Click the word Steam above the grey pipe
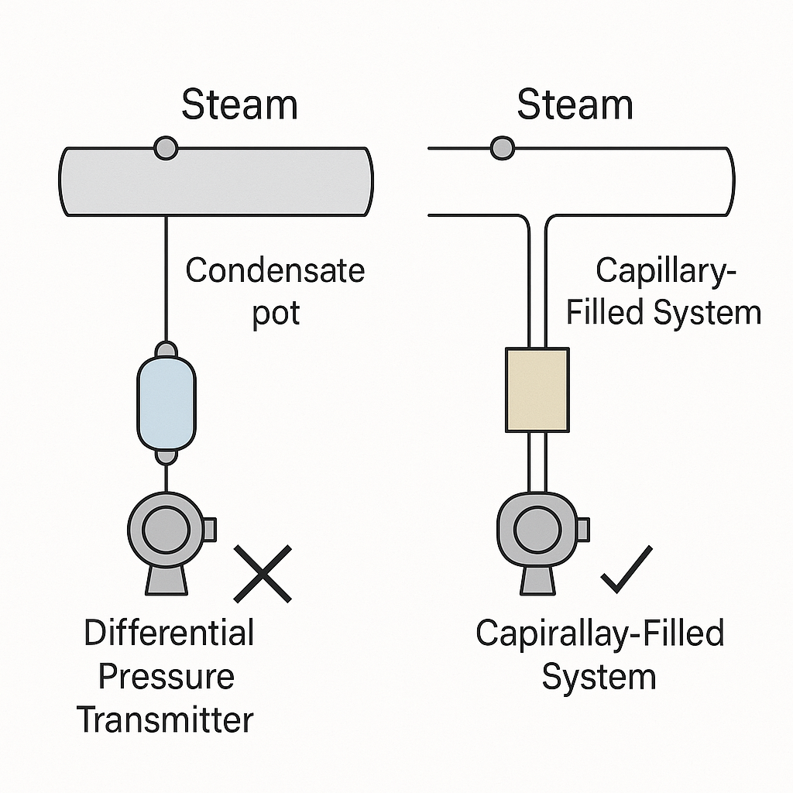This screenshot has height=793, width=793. click(x=239, y=105)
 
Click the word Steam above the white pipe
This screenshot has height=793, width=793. click(x=575, y=105)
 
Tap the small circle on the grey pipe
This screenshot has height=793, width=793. click(x=166, y=147)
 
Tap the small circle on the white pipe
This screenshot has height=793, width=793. click(x=502, y=147)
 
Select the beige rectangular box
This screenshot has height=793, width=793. click(x=537, y=390)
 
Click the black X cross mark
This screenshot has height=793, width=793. click(x=263, y=574)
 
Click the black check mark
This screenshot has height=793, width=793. click(x=627, y=570)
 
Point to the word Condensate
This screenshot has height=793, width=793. click(x=275, y=271)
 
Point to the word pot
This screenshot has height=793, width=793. click(x=276, y=314)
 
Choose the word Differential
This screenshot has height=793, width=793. click(x=169, y=633)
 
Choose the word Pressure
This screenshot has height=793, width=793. click(x=166, y=677)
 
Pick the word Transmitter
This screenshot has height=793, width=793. click(x=165, y=720)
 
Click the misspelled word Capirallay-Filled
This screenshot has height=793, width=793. click(x=599, y=633)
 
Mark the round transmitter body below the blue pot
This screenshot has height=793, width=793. click(x=165, y=530)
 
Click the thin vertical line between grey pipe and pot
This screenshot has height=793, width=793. click(x=166, y=279)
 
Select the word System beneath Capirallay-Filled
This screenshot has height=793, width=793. click(x=599, y=677)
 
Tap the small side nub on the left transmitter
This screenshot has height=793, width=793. click(x=209, y=530)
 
